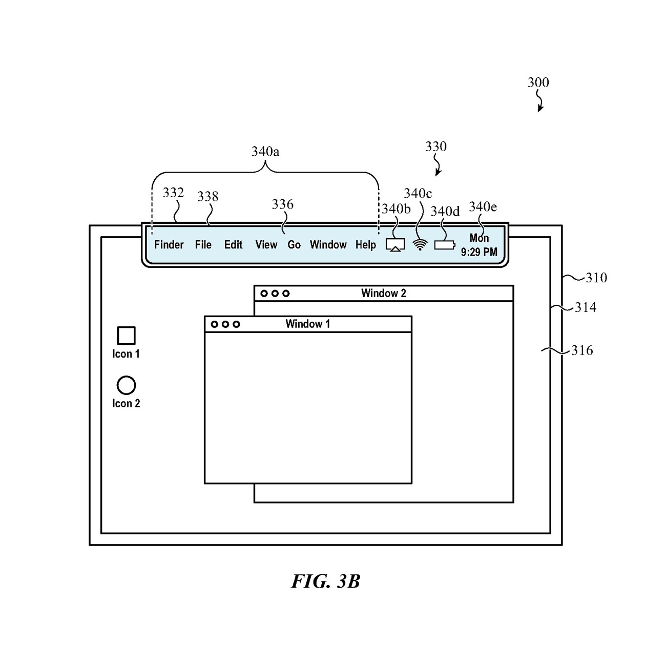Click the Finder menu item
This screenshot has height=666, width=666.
(x=169, y=245)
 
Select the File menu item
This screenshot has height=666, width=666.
(x=203, y=245)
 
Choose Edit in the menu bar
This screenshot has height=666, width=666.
(x=233, y=245)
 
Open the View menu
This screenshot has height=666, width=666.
(x=266, y=245)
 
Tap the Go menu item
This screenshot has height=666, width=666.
(x=294, y=245)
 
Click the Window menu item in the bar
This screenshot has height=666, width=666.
(x=328, y=245)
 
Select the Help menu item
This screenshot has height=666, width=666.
(x=365, y=245)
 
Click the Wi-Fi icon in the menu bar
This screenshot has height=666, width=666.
(x=420, y=245)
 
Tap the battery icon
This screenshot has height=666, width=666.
(x=444, y=245)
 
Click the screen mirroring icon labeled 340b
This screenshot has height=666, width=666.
(x=395, y=245)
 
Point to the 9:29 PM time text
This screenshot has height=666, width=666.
(x=479, y=252)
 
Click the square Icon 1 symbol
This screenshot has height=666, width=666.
(x=126, y=336)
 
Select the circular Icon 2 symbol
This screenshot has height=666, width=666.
(x=126, y=385)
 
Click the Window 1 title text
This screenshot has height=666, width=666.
(x=307, y=324)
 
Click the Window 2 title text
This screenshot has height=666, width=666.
(x=383, y=293)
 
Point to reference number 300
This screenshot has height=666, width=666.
(x=538, y=82)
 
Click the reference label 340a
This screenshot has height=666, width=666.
(x=265, y=152)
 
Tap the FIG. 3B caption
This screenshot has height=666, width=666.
(x=326, y=581)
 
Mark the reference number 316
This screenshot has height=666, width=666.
(x=582, y=350)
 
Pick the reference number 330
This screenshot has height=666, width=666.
(x=435, y=147)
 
